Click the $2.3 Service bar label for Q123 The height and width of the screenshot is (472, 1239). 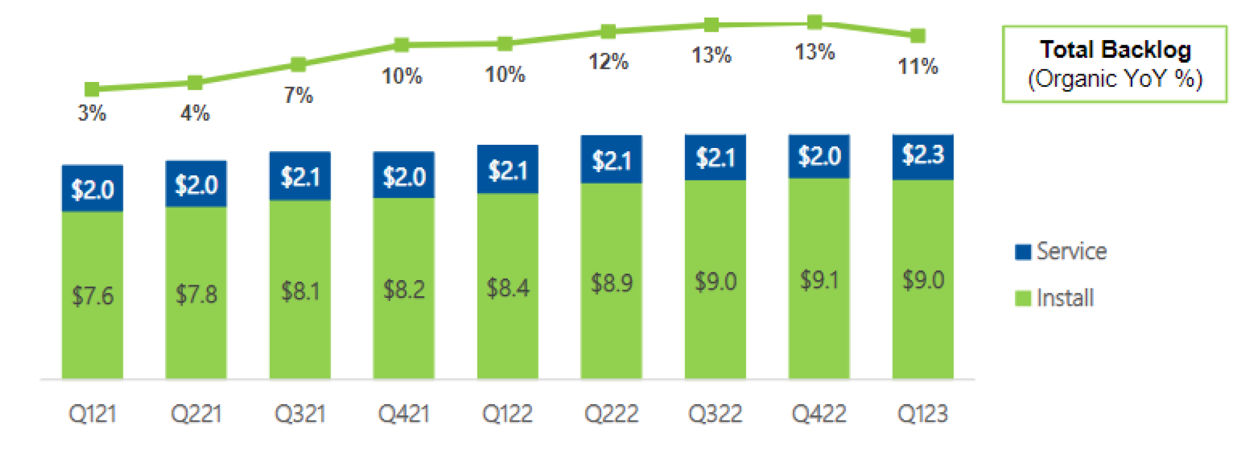tap(923, 155)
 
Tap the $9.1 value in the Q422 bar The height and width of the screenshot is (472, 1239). tap(819, 280)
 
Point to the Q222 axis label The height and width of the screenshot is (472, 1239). tap(611, 414)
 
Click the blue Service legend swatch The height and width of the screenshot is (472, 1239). tap(1023, 252)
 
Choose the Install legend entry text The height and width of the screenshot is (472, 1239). tap(1064, 298)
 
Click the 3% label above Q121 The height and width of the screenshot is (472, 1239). tap(92, 113)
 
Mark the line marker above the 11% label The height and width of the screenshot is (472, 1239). tap(917, 36)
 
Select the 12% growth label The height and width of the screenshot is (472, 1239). tap(608, 62)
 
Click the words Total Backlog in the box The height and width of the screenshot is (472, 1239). tap(1115, 50)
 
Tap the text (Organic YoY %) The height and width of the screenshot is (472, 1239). tap(1115, 79)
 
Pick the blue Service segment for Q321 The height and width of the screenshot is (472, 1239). tap(300, 176)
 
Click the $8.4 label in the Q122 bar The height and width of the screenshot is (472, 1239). tap(507, 288)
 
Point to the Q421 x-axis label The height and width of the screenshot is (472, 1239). tap(404, 414)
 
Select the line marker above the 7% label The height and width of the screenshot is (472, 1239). tap(298, 64)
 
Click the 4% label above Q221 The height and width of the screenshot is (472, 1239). tap(195, 113)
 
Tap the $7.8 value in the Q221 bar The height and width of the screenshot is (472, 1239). tap(196, 295)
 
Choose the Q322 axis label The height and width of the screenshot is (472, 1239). tap(715, 414)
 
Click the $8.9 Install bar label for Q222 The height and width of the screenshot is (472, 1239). tap(611, 283)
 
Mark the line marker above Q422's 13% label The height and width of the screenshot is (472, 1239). tap(814, 23)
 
